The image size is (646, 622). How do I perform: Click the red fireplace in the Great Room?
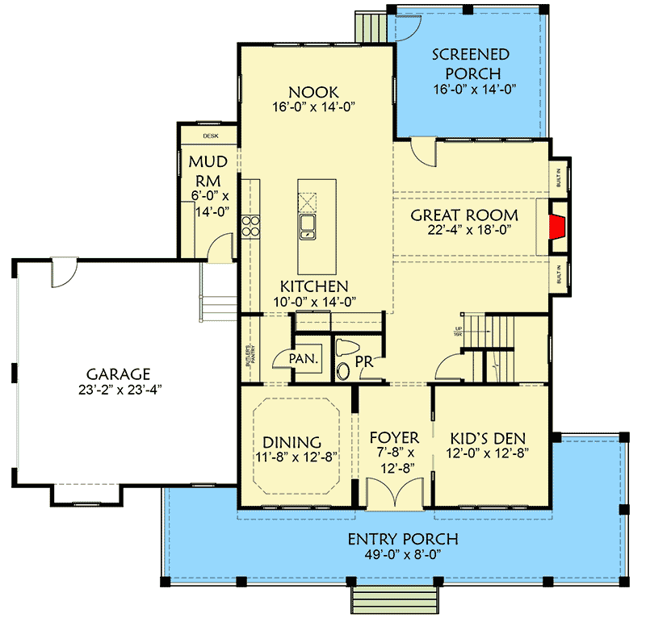tap(556, 228)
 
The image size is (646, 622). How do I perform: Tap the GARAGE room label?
tap(118, 374)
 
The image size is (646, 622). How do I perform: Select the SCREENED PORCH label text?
tap(471, 65)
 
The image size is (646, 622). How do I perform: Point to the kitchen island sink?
tap(308, 225)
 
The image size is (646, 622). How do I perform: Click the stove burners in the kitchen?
tap(252, 226)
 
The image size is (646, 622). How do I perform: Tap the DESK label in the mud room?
tap(211, 136)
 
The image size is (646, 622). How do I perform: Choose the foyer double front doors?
tap(395, 493)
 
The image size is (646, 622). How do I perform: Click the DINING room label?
tap(292, 441)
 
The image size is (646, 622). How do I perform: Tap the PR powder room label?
tap(365, 363)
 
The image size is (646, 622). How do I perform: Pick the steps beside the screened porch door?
tap(372, 25)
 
